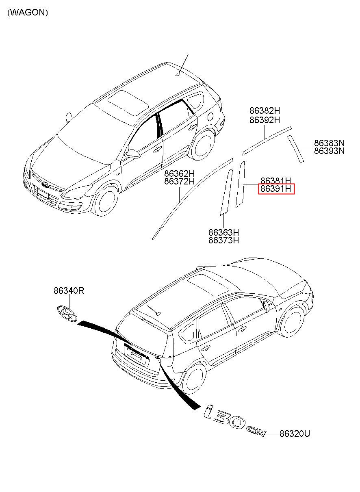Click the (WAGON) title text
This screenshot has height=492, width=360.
[x=28, y=13]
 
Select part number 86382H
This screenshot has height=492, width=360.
[x=265, y=111]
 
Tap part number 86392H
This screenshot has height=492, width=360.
[x=265, y=120]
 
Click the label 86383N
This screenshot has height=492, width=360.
[x=329, y=143]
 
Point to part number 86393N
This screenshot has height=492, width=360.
[x=329, y=151]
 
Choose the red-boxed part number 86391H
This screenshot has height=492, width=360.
[x=276, y=189]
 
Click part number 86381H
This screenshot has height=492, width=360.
[x=275, y=180]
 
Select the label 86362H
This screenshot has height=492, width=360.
[x=179, y=173]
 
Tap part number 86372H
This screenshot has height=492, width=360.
[x=179, y=182]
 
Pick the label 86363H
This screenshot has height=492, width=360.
[x=223, y=232]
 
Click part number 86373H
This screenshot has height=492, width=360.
[x=223, y=241]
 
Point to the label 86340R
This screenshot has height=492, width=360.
[x=69, y=290]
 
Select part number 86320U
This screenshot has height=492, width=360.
[x=295, y=434]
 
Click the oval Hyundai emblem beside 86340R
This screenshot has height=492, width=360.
[x=66, y=313]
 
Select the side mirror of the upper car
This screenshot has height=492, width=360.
[x=133, y=154]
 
